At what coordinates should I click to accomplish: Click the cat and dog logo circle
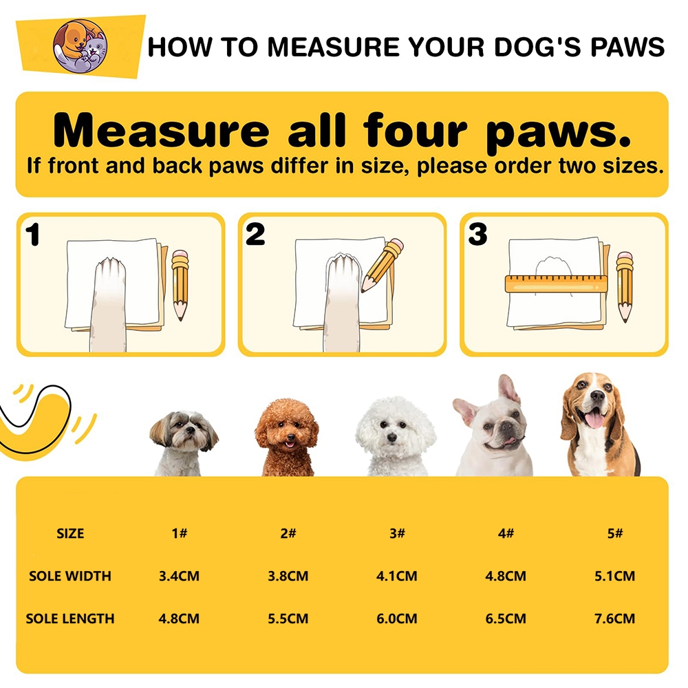pyautogui.click(x=80, y=47)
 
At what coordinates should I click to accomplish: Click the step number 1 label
pyautogui.click(x=33, y=235)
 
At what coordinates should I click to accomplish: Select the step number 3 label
pyautogui.click(x=477, y=235)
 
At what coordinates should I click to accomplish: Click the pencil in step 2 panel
pyautogui.click(x=382, y=265)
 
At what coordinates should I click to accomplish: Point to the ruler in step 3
pyautogui.click(x=557, y=283)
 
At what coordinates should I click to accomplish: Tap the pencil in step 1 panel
pyautogui.click(x=180, y=285)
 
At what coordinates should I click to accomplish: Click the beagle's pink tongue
pyautogui.click(x=594, y=420)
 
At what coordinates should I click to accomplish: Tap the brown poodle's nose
pyautogui.click(x=290, y=437)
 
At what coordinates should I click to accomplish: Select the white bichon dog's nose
pyautogui.click(x=392, y=438)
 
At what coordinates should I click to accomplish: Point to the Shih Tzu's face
pyautogui.click(x=184, y=432)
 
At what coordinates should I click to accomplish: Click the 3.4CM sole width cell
pyautogui.click(x=179, y=576)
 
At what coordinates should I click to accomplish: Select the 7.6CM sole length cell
pyautogui.click(x=614, y=619)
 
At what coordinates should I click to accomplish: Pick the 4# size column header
pyautogui.click(x=506, y=534)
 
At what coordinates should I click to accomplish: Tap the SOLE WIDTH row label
pyautogui.click(x=70, y=576)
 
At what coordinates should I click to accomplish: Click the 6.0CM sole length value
pyautogui.click(x=397, y=619)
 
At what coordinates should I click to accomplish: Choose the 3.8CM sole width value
pyautogui.click(x=288, y=576)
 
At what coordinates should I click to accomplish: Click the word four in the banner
pyautogui.click(x=415, y=130)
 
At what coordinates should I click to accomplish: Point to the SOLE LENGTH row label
pyautogui.click(x=70, y=619)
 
